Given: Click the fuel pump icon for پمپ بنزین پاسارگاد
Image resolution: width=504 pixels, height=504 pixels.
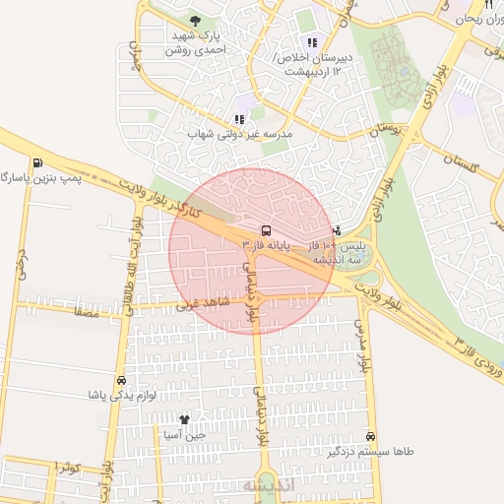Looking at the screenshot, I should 37,163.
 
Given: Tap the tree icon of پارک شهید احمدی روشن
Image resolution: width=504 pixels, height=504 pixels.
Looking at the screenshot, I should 194,21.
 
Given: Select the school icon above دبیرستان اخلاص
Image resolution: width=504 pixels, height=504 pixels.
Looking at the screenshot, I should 312,42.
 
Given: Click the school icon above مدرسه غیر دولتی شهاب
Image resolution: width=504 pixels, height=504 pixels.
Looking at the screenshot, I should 239,119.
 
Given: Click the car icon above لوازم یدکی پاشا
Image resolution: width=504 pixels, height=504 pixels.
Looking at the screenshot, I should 121,379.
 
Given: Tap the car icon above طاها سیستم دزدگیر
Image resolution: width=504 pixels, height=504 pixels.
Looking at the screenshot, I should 370,436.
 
